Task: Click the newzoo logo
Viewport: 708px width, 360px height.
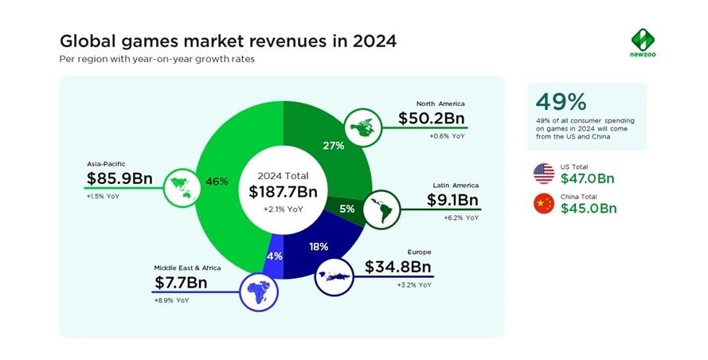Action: pyautogui.click(x=643, y=42)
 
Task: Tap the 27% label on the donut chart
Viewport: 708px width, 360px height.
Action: pyautogui.click(x=333, y=146)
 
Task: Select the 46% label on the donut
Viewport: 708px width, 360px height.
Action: pyautogui.click(x=217, y=182)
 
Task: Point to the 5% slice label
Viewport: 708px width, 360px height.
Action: pyautogui.click(x=347, y=209)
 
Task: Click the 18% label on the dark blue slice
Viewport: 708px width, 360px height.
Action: pyautogui.click(x=319, y=247)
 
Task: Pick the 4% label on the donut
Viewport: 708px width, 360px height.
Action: pyautogui.click(x=275, y=256)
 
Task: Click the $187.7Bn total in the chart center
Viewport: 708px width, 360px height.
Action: pyautogui.click(x=283, y=191)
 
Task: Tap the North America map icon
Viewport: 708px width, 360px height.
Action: pyautogui.click(x=363, y=127)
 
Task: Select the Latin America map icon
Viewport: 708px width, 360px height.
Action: pyautogui.click(x=382, y=209)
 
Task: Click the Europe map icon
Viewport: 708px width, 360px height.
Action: pyautogui.click(x=334, y=276)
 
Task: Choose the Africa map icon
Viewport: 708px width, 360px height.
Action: pyautogui.click(x=259, y=292)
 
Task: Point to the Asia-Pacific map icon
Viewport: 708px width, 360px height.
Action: pyautogui.click(x=182, y=187)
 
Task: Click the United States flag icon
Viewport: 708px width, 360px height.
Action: pyautogui.click(x=544, y=174)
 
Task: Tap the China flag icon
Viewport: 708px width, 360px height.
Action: pyautogui.click(x=544, y=204)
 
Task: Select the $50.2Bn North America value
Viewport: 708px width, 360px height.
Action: pyautogui.click(x=431, y=118)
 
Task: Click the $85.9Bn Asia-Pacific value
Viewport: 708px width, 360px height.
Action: pyautogui.click(x=119, y=178)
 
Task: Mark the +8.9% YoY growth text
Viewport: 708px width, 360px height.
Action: pyautogui.click(x=171, y=300)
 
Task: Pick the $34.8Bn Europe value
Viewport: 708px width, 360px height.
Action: pyautogui.click(x=397, y=267)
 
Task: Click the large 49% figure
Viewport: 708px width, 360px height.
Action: pyautogui.click(x=561, y=102)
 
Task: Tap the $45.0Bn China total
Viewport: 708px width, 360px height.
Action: pyautogui.click(x=589, y=208)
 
